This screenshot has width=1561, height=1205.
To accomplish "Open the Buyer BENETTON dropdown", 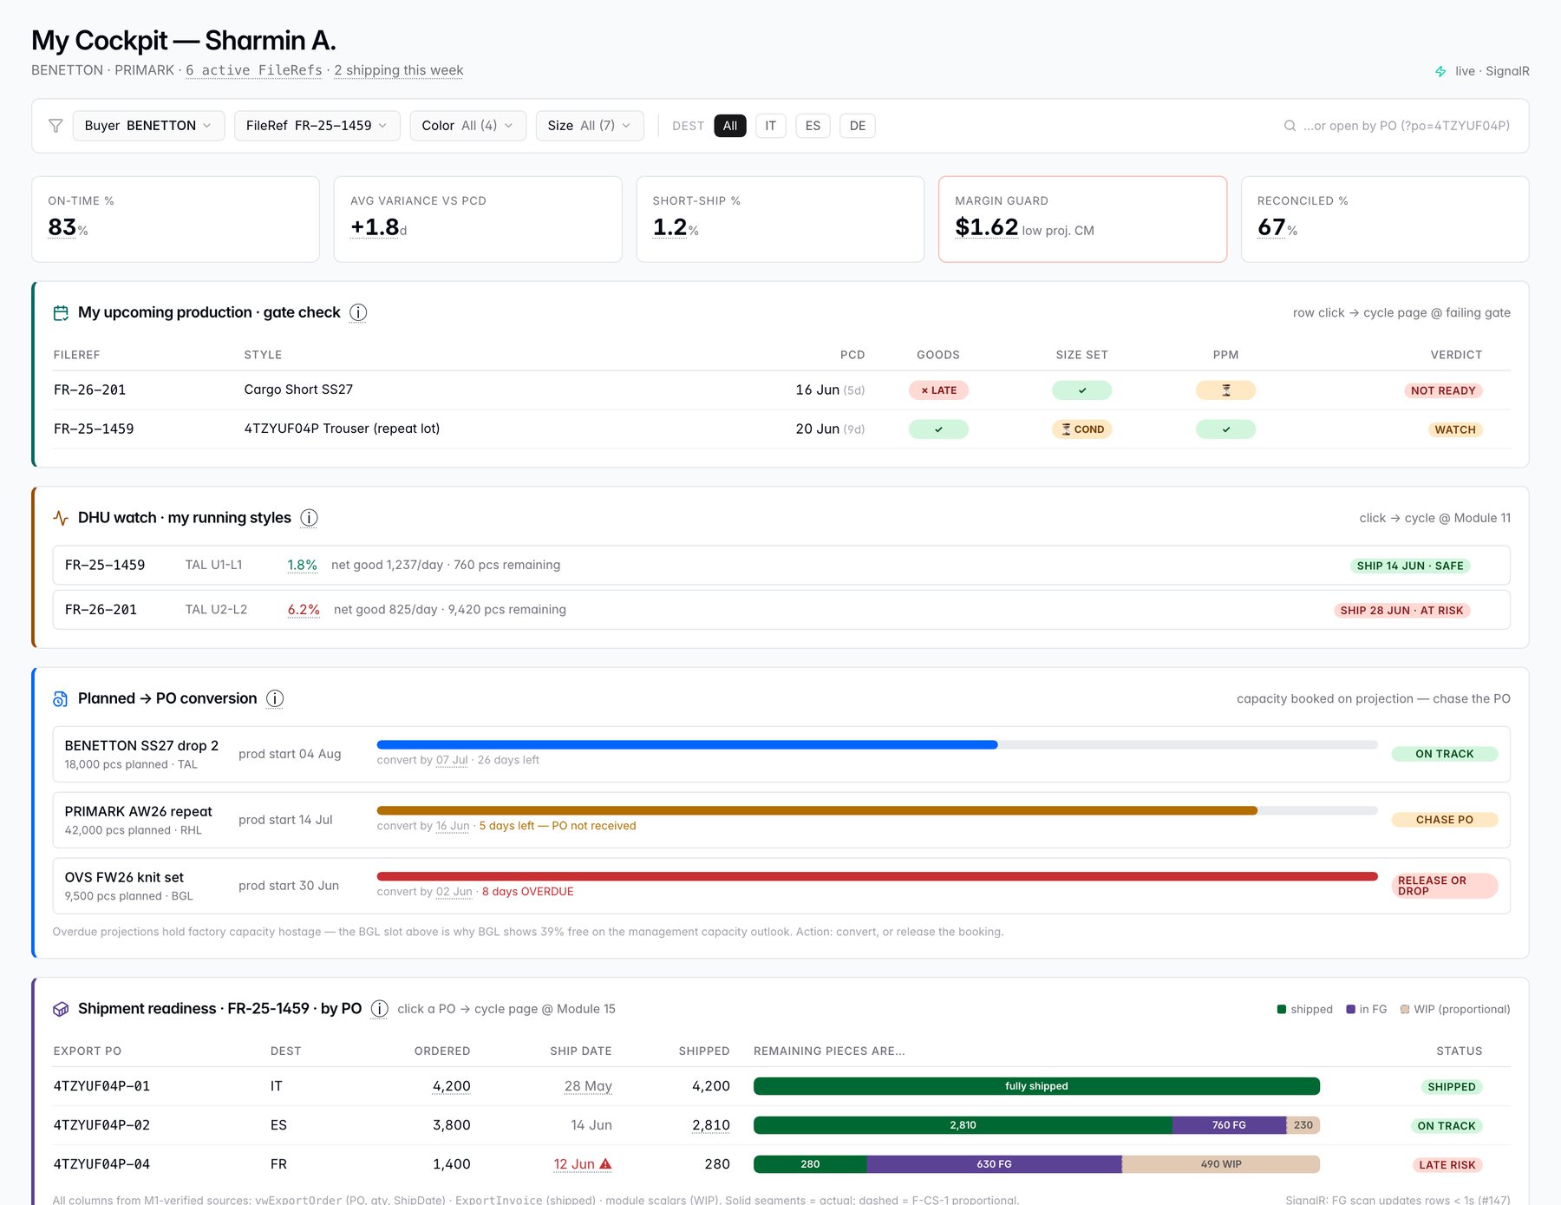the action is click(148, 126).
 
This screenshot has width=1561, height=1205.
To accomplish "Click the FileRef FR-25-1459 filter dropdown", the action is click(317, 126).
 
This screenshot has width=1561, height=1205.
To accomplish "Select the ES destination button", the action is click(813, 126).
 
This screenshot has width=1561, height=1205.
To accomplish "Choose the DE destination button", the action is click(858, 126).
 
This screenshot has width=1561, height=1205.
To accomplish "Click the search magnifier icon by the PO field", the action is click(1290, 126).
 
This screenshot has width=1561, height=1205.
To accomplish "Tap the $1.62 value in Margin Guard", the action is click(986, 227).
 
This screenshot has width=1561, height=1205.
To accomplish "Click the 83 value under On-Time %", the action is click(62, 227).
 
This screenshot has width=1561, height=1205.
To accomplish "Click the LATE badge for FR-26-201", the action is click(938, 390).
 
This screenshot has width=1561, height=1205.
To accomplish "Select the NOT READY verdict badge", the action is click(1443, 390).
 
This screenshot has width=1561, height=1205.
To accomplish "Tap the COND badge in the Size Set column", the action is click(1082, 429).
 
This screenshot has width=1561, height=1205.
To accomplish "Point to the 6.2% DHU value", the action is click(304, 610).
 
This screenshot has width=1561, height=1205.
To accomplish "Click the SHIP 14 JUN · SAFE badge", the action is click(1410, 566).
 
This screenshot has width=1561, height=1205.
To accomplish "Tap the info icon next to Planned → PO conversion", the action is click(275, 698).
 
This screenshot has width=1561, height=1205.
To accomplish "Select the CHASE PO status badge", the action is click(1445, 820).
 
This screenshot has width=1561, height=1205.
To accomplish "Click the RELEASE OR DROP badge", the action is click(1445, 886).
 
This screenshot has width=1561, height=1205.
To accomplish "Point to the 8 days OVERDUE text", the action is click(528, 892).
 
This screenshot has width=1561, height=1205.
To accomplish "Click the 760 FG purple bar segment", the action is click(1229, 1125).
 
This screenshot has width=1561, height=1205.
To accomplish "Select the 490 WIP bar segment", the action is click(1221, 1164).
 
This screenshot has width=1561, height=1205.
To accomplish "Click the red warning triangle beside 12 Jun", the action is click(605, 1164).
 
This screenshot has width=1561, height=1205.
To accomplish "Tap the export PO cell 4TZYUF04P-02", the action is click(101, 1125).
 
